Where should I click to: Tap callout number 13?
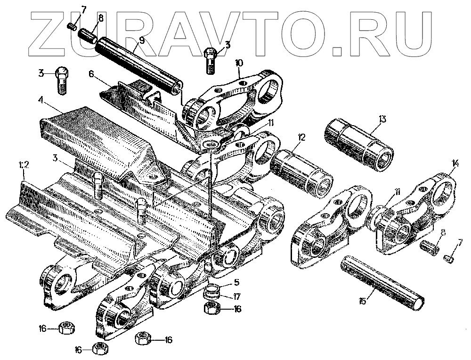(382, 119)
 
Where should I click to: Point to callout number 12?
(301, 137)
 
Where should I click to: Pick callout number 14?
(455, 164)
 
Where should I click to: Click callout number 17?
(236, 296)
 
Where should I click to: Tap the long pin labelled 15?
(382, 282)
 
